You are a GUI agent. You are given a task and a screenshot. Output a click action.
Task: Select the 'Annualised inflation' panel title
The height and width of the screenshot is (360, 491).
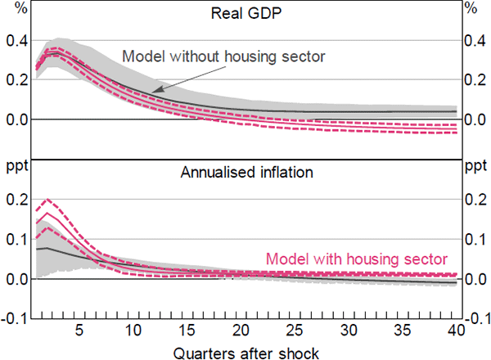click(245, 173)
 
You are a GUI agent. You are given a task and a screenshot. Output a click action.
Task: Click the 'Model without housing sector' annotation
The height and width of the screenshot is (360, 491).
click(223, 56)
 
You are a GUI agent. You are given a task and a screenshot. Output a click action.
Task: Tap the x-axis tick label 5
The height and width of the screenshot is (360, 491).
click(79, 330)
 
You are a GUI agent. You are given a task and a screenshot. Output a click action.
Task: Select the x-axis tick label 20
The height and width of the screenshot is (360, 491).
click(241, 330)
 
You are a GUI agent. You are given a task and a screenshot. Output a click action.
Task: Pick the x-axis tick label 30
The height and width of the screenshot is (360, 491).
click(349, 330)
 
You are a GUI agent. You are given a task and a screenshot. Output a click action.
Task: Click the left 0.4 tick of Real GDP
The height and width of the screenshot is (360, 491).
click(16, 41)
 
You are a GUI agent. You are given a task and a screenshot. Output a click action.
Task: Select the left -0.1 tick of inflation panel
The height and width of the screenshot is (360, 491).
click(14, 318)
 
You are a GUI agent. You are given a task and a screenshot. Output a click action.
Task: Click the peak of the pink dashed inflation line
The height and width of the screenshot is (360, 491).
click(47, 200)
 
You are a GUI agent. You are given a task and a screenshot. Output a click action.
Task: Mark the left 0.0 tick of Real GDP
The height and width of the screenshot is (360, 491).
click(16, 119)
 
